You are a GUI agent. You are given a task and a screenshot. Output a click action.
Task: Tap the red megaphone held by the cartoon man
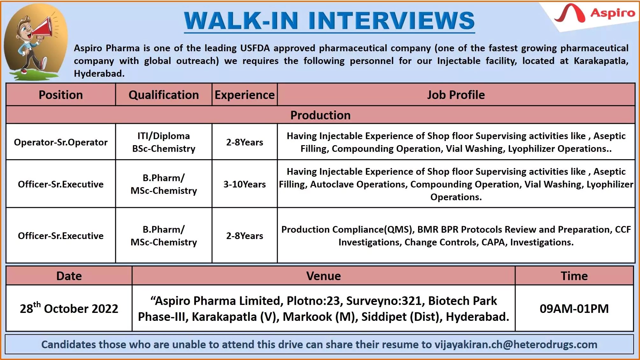[43, 27]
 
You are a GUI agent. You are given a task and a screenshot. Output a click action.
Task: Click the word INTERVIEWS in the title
[391, 21]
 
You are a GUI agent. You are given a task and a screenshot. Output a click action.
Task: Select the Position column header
[60, 95]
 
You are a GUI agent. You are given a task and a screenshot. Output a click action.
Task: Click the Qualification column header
[164, 95]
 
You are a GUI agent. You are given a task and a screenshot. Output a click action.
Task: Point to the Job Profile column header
[456, 95]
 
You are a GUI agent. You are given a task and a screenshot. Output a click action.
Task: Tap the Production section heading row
[320, 115]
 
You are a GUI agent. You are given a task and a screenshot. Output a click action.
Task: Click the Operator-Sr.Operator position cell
[60, 142]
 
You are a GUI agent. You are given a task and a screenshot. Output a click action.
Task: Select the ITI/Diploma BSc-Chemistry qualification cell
[164, 142]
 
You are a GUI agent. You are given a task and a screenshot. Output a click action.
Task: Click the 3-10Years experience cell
[244, 184]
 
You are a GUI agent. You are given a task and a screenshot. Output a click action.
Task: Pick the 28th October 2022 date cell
[69, 308]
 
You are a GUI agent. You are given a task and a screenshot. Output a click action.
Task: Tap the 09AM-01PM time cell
[574, 308]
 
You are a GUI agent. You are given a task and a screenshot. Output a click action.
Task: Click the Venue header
[323, 276]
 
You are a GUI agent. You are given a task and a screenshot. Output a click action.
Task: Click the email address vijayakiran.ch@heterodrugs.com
[516, 344]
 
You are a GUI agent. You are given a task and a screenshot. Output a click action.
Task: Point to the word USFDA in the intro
[255, 48]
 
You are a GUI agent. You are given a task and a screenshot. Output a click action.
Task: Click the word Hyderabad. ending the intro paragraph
[99, 74]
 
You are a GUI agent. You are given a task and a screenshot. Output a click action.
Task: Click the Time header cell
[574, 276]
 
